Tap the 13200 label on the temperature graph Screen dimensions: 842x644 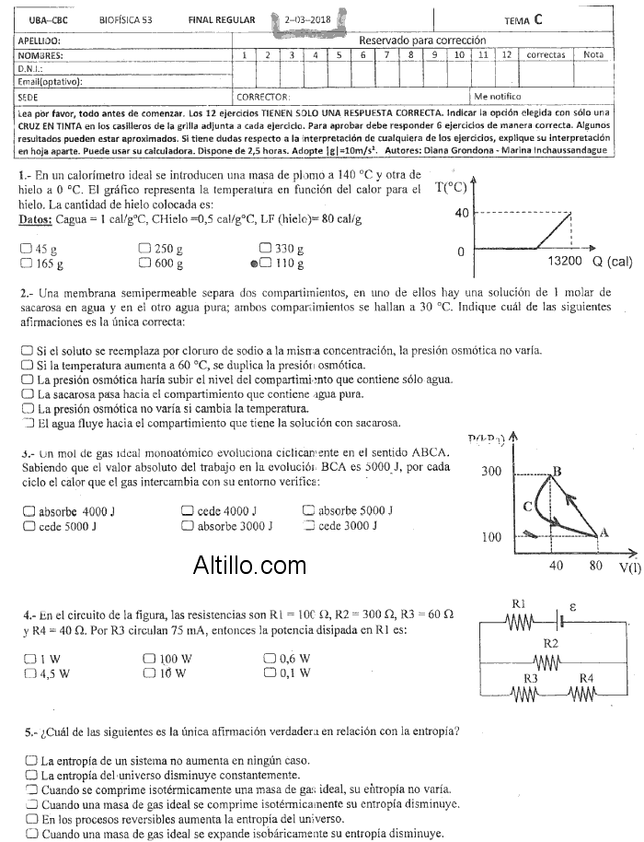567,263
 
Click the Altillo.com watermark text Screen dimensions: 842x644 249,565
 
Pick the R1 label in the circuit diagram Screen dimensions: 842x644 518,604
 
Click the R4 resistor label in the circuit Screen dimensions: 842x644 587,679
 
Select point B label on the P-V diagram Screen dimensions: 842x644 556,472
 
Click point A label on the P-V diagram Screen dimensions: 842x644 604,532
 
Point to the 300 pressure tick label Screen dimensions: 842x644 492,472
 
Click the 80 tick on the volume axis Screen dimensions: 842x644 596,566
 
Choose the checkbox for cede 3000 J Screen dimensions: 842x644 309,526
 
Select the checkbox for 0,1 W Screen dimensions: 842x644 270,673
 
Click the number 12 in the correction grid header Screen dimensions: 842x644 505,55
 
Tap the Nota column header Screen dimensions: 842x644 593,55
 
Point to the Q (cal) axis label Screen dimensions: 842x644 612,263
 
